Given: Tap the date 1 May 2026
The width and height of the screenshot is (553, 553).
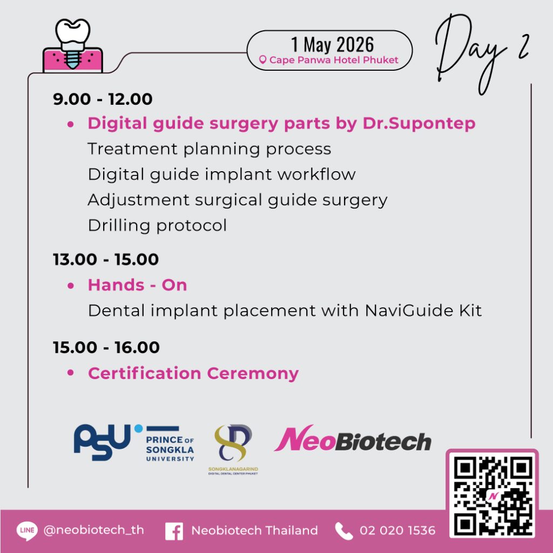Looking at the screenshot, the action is pos(332,44).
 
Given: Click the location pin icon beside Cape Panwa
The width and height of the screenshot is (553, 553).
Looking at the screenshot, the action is pos(262,60).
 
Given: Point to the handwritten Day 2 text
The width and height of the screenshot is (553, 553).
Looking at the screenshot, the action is pos(482,53).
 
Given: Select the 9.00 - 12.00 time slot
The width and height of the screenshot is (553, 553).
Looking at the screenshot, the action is pos(103,99).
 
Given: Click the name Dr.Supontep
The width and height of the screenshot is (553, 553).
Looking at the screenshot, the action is pos(419,124).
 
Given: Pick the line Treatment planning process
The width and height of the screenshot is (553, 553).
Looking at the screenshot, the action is pos(210,149).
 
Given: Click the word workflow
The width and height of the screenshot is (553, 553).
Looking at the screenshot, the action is pos(316,174).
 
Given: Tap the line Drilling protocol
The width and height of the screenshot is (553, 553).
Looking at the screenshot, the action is pos(157,226).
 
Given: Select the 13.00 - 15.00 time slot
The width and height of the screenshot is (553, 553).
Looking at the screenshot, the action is pos(106,260).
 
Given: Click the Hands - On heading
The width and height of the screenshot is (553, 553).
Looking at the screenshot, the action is pos(138,285).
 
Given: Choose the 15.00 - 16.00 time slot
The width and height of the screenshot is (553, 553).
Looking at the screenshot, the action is pos(106,347).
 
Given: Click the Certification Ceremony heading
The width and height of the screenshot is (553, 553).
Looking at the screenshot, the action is pos(193,374).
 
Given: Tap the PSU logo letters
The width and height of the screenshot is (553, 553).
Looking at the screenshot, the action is pos(102,442).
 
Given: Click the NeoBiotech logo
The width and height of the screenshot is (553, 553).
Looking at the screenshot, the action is pos(353,439).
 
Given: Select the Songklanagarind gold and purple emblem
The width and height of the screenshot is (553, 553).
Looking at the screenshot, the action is pos(233,443).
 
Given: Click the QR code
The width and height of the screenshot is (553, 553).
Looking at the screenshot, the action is pos(493,494).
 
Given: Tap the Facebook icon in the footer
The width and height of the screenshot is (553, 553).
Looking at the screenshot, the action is pos(174,531).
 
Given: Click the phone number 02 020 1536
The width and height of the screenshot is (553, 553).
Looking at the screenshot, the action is pos(397,530).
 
